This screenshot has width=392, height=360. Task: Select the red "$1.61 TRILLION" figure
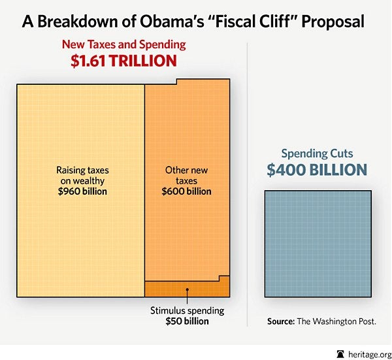(123, 61)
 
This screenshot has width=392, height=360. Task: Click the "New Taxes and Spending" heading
(123, 45)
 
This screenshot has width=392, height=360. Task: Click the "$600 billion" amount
(186, 192)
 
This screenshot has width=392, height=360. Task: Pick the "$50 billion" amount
(187, 321)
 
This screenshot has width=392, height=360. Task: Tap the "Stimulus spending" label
(187, 311)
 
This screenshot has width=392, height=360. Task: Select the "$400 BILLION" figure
(317, 171)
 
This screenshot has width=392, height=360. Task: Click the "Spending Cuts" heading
(317, 154)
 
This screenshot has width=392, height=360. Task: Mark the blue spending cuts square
(318, 243)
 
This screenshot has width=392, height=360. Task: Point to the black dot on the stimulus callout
(187, 289)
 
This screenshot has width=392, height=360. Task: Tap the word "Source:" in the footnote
(282, 322)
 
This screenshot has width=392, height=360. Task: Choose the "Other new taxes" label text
(186, 175)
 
